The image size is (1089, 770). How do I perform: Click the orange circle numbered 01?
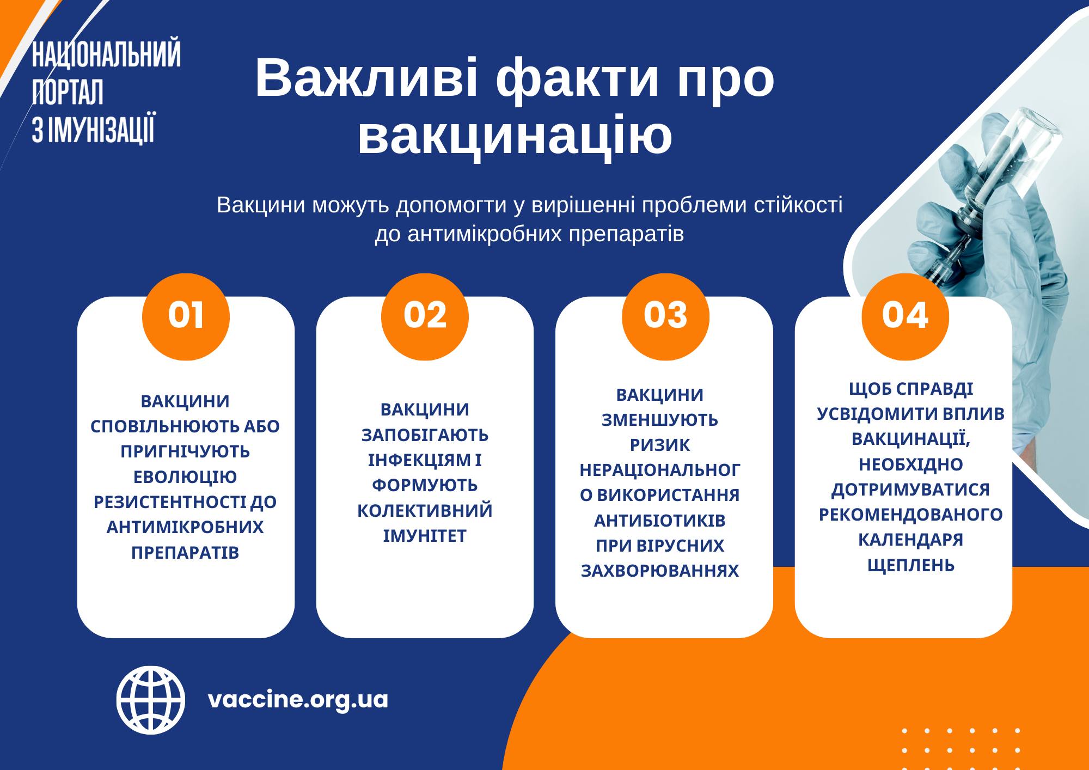pyautogui.click(x=186, y=316)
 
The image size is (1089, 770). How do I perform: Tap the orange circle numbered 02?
pyautogui.click(x=425, y=316)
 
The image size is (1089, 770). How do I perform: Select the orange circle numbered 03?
pyautogui.click(x=665, y=316)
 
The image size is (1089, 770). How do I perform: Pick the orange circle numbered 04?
pyautogui.click(x=905, y=316)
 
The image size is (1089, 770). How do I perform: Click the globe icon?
pyautogui.click(x=151, y=700)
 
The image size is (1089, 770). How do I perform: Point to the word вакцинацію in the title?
pyautogui.click(x=515, y=135)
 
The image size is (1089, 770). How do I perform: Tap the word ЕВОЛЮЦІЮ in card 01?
pyautogui.click(x=185, y=477)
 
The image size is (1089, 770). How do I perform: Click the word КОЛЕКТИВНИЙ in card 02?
pyautogui.click(x=425, y=511)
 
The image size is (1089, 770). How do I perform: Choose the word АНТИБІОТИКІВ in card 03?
pyautogui.click(x=660, y=521)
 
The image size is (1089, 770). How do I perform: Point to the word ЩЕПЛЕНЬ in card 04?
pyautogui.click(x=911, y=565)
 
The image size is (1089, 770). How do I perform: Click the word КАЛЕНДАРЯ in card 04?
pyautogui.click(x=911, y=540)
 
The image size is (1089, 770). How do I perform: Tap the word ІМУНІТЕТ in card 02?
pyautogui.click(x=425, y=536)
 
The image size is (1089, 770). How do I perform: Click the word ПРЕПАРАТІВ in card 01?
pyautogui.click(x=185, y=553)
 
